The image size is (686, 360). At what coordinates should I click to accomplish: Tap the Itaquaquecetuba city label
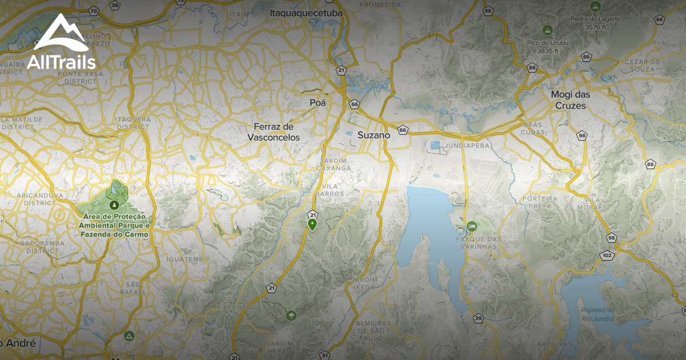pos(305,12)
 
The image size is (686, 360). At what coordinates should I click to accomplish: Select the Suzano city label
pos(373,135)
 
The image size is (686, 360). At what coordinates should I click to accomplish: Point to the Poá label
pos(317,103)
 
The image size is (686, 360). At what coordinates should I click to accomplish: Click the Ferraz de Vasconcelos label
pos(273,131)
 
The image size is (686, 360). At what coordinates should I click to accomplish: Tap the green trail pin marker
pos(312,225)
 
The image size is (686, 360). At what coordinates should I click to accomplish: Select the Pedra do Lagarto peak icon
pos(595,6)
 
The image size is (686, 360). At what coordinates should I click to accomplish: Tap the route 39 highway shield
pos(478,318)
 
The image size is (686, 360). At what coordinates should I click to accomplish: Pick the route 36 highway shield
pos(115,5)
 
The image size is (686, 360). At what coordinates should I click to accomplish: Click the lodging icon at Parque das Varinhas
pos(472,227)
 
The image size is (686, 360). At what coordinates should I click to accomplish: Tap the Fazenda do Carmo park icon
pos(115,205)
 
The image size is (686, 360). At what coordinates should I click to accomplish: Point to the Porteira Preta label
pos(521,202)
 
